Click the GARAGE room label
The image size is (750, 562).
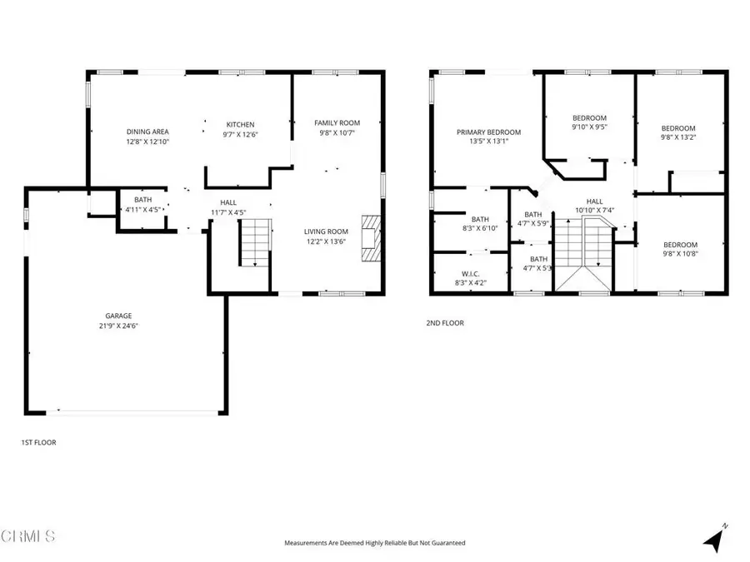pyautogui.click(x=117, y=316)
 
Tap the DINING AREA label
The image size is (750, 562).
pyautogui.click(x=147, y=132)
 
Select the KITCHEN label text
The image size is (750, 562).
pyautogui.click(x=240, y=125)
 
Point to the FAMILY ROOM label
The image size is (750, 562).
pyautogui.click(x=337, y=123)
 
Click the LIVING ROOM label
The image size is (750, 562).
pyautogui.click(x=325, y=231)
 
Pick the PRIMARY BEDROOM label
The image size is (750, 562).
pyautogui.click(x=488, y=132)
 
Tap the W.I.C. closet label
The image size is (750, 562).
pyautogui.click(x=472, y=273)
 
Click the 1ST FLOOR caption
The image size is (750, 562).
pyautogui.click(x=38, y=442)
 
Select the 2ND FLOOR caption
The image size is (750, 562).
pyautogui.click(x=445, y=323)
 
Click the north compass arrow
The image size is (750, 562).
pyautogui.click(x=713, y=540)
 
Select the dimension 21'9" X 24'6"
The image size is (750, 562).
pyautogui.click(x=117, y=326)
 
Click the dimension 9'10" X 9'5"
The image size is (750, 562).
pyautogui.click(x=589, y=127)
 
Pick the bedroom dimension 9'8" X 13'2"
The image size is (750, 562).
pyautogui.click(x=677, y=138)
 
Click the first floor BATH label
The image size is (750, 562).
pyautogui.click(x=142, y=200)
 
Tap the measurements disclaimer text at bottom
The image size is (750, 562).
pyautogui.click(x=374, y=543)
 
